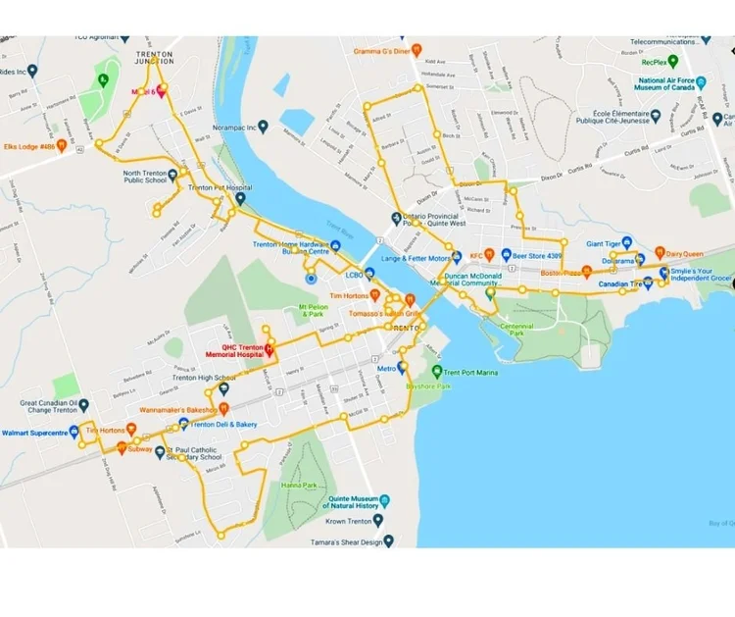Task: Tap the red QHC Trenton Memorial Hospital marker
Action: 270,350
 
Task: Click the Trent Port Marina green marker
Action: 437,372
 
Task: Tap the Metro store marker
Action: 401,368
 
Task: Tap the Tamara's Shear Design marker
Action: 389,540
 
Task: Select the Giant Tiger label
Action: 606,243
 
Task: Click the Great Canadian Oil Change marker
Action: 83,404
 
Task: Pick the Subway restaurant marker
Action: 122,448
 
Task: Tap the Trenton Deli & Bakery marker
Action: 183,425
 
